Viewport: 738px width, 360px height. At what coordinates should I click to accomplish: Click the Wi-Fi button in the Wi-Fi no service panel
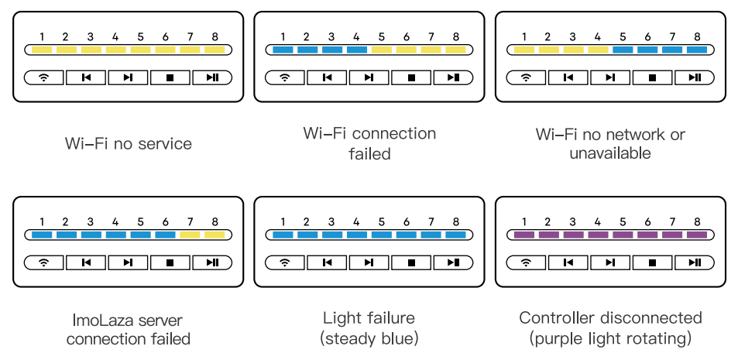coord(44,77)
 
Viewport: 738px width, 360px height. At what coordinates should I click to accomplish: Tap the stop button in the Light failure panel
coord(412,262)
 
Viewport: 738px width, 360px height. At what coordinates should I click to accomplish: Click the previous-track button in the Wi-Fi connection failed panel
coord(328,77)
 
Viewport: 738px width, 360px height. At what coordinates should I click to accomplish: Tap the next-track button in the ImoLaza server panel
coord(128,262)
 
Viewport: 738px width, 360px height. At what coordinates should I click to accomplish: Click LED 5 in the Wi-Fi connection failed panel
coord(381,50)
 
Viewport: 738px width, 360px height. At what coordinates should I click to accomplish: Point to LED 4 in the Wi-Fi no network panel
coord(597,50)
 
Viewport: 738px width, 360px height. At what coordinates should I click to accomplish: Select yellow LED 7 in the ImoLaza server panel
coord(191,235)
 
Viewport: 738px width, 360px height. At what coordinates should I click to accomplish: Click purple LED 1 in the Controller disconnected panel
coord(524,235)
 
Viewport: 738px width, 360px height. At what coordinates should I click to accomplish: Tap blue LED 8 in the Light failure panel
coord(456,235)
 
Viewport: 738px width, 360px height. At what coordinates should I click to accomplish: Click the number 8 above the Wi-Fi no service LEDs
coord(215,36)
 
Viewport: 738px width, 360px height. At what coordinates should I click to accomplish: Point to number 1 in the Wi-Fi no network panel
coord(524,36)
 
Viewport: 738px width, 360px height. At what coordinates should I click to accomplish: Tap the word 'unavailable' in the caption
coord(610,153)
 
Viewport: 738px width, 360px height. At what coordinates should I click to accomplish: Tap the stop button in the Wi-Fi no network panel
coord(653,77)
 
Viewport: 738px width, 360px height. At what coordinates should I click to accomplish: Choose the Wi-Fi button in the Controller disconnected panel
coord(527,262)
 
